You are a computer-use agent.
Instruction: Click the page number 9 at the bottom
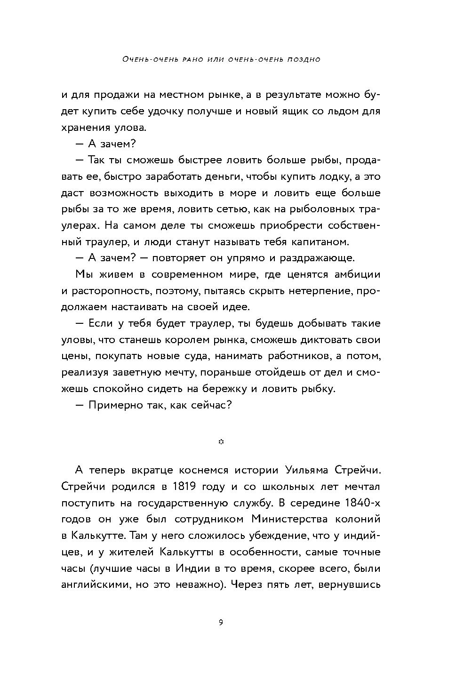click(x=221, y=623)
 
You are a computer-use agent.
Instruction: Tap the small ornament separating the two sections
click(x=221, y=441)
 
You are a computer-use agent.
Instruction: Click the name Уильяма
click(x=310, y=470)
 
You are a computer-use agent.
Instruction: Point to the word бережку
click(x=257, y=389)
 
